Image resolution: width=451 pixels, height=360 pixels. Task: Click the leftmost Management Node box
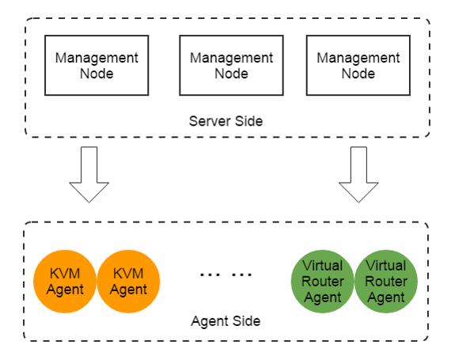pos(97,65)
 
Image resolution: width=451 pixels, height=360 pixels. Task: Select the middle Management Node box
pos(232,65)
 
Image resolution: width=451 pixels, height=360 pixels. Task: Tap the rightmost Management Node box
pos(358,65)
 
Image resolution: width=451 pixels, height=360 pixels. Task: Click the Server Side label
pos(225,121)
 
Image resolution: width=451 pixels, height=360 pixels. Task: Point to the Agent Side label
pos(225,321)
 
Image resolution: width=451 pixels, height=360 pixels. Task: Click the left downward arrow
pos(89,174)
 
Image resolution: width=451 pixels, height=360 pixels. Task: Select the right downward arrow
pos(358,174)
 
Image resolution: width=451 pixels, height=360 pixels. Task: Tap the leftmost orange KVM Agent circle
pos(65,281)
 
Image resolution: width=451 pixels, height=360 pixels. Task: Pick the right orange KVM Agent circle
pos(128,281)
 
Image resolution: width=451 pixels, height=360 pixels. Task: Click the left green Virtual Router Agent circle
pos(323,281)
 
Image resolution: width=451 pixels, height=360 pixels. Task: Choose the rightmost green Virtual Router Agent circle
pos(386,281)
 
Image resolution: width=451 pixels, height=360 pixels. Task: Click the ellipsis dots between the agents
pos(226,275)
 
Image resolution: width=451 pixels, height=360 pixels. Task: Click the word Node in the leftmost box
pos(97,74)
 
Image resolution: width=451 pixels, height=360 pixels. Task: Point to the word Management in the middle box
pos(232,59)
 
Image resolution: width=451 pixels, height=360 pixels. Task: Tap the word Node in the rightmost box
pos(358,74)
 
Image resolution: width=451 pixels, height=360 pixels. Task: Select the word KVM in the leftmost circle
pos(65,273)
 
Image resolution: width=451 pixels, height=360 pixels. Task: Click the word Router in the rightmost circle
pos(386,281)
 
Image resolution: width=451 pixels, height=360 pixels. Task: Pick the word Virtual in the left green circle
pos(323,265)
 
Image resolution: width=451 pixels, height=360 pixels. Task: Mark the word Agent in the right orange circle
pos(128,290)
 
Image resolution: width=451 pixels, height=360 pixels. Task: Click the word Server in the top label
pos(210,121)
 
